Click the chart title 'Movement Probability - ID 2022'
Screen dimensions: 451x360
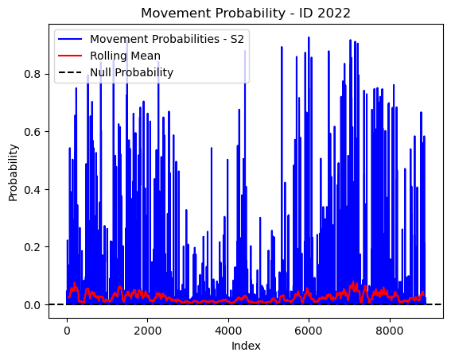[246, 14]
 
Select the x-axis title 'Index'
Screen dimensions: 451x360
[246, 346]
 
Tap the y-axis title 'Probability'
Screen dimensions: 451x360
[13, 172]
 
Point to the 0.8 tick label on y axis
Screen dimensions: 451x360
[32, 74]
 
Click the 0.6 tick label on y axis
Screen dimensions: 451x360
[32, 132]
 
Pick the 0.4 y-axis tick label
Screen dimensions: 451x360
[32, 190]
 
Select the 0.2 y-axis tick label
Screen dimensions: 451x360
[32, 247]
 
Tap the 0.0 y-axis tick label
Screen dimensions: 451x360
[32, 305]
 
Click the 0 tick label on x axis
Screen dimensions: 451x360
[67, 331]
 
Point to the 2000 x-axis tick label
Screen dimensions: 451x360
[148, 331]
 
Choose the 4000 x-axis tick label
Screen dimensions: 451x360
[228, 331]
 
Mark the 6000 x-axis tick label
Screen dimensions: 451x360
[309, 331]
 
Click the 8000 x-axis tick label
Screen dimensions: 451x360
[390, 331]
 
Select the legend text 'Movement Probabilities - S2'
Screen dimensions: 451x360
[167, 39]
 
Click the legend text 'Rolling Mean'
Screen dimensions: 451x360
[125, 56]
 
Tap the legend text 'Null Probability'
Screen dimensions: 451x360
[132, 72]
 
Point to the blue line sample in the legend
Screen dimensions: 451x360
[70, 39]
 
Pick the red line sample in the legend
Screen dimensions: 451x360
[70, 56]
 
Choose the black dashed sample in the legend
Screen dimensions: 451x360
[70, 72]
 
